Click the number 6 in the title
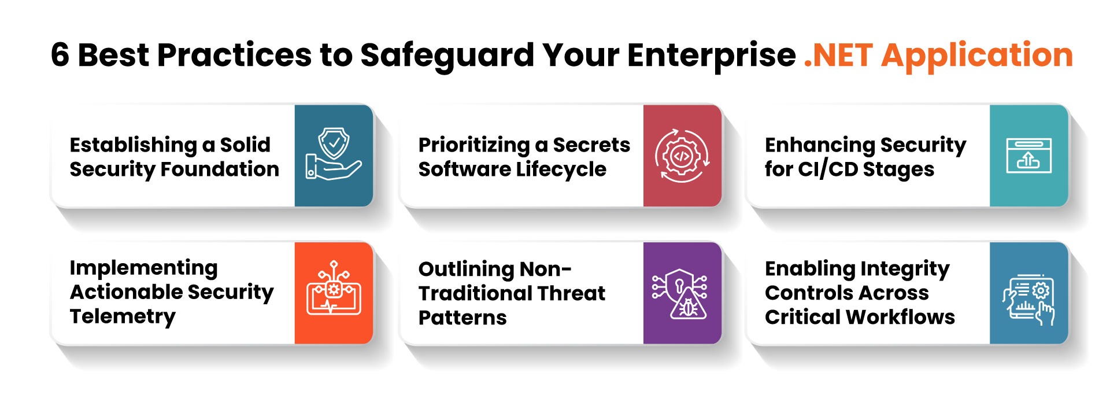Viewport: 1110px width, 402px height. coord(60,55)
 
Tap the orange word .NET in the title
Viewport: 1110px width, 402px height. coord(838,55)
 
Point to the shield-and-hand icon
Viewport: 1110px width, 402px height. coord(334,154)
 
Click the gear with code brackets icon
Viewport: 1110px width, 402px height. coord(682,156)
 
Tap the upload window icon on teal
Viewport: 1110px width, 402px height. coord(1028,156)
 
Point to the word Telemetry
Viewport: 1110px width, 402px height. coord(123,316)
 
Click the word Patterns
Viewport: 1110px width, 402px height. coord(462,318)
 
